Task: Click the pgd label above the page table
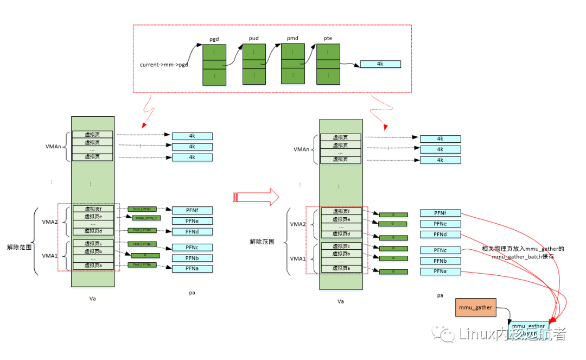[214, 39]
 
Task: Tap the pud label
[253, 39]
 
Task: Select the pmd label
[293, 39]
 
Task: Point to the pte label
[328, 39]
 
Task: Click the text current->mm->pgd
[164, 65]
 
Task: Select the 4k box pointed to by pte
[380, 64]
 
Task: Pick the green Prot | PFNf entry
[142, 209]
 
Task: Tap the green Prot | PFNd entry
[142, 230]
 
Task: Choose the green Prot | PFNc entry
[142, 243]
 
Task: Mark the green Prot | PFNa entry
[142, 264]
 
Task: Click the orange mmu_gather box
[475, 308]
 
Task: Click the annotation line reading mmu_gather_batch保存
[523, 256]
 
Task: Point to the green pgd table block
[214, 65]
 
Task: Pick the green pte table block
[328, 65]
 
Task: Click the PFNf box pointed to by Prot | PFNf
[192, 210]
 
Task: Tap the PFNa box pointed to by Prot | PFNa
[192, 269]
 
